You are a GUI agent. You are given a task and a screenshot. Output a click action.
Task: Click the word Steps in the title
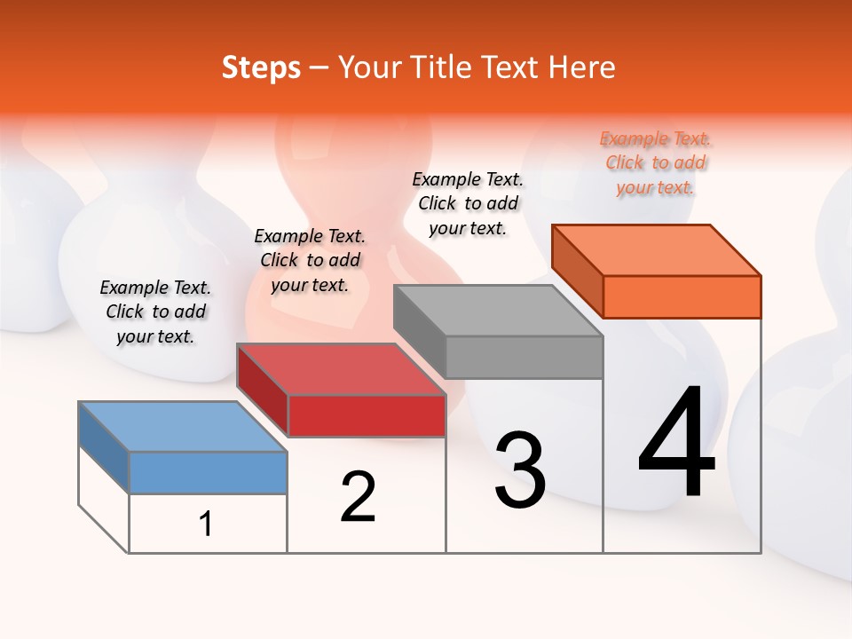point(261,68)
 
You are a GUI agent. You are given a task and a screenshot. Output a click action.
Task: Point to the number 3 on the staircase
point(520,469)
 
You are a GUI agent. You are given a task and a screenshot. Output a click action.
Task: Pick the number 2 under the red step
point(358,497)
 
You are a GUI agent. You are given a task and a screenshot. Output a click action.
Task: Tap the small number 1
point(206,524)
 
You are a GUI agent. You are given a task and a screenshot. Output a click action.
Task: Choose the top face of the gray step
point(498,311)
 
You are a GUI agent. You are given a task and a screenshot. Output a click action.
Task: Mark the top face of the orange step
point(657,250)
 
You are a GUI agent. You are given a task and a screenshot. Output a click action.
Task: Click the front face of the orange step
point(682,296)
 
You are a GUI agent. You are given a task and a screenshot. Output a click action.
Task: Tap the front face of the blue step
point(208,472)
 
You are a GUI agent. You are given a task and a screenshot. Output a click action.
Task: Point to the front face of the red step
point(367,415)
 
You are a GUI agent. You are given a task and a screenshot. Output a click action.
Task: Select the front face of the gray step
point(524,357)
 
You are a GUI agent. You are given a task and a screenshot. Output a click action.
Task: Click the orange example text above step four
point(656,162)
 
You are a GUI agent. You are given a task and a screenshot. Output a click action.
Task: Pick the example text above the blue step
point(155,312)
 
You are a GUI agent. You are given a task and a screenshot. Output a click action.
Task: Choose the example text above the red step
point(310,260)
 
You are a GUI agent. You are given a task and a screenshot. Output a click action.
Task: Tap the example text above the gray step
point(468,203)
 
